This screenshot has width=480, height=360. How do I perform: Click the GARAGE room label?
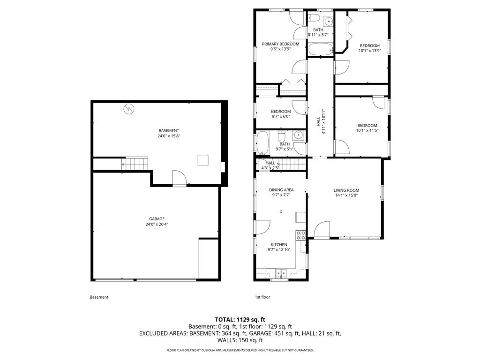(157, 219)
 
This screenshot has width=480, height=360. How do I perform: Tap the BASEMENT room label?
(169, 131)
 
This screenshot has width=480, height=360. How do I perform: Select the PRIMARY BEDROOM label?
(280, 44)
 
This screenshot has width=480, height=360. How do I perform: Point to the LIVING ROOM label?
(346, 190)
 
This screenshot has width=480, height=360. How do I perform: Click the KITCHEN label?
(279, 245)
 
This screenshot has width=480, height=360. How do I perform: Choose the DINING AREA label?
(281, 190)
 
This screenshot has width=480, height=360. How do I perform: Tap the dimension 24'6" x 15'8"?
(169, 136)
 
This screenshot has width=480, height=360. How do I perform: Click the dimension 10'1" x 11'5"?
(367, 130)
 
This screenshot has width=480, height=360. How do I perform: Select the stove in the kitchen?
(300, 235)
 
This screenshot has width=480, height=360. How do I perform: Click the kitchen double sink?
(281, 273)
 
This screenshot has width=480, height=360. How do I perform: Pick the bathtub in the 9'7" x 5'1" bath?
(262, 142)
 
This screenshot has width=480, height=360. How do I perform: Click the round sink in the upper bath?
(329, 22)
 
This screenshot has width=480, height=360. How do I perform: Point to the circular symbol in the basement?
(129, 109)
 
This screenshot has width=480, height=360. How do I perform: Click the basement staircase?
(137, 164)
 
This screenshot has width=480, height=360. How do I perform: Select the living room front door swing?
(322, 230)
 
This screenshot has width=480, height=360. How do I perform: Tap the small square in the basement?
(203, 160)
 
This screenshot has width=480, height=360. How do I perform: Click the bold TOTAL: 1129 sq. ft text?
(240, 320)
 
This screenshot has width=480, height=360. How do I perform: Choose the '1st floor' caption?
(262, 297)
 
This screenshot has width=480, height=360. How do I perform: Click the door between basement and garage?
(180, 178)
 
